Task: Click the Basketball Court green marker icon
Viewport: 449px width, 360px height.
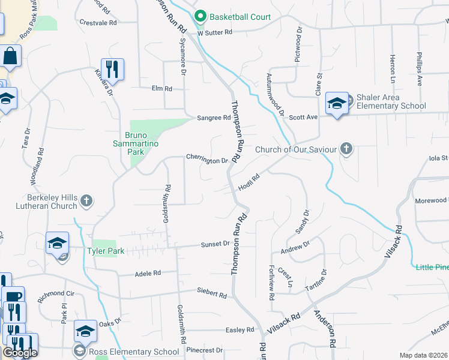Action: click(x=201, y=17)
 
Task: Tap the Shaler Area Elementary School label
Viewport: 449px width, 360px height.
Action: click(x=391, y=101)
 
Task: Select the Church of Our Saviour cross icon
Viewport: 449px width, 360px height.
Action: click(x=346, y=149)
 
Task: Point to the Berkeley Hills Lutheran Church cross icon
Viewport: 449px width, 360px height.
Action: click(x=86, y=201)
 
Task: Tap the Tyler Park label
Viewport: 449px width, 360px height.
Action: click(x=106, y=251)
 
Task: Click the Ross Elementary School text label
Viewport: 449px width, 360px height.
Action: click(x=134, y=352)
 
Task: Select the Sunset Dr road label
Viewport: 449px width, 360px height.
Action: click(x=215, y=244)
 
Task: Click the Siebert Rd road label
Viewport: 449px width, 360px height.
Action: click(x=212, y=295)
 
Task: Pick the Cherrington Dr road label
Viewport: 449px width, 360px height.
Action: click(x=207, y=161)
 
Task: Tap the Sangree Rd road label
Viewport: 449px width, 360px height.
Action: click(x=214, y=118)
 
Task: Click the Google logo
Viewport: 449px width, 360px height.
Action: click(x=20, y=353)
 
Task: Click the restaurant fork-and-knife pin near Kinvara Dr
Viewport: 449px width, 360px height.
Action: click(x=112, y=68)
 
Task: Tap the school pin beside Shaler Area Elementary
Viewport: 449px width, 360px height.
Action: click(x=337, y=103)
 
